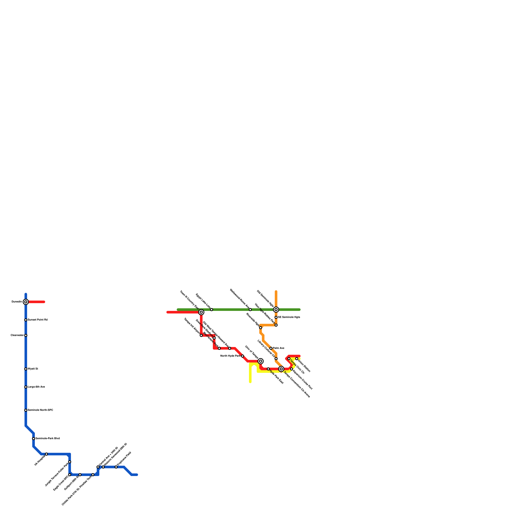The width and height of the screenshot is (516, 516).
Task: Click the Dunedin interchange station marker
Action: coord(26,302)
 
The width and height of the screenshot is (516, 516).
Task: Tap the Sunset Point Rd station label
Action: coord(38,320)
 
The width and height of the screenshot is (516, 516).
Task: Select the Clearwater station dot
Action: coord(26,335)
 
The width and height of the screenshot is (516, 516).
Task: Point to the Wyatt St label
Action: coord(33,369)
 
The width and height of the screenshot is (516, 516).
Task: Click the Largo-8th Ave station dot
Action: coord(26,387)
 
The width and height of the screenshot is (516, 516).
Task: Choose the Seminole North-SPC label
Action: coord(40,410)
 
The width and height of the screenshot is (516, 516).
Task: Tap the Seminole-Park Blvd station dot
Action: coord(34,439)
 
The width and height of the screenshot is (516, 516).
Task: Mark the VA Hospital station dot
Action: coord(46,454)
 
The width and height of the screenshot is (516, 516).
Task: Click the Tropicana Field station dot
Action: coord(116,467)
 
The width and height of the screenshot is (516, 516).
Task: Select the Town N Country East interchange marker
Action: coord(201,312)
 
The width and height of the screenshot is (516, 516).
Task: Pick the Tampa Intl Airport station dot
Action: coord(201,335)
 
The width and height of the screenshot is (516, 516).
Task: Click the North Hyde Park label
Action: coord(230,356)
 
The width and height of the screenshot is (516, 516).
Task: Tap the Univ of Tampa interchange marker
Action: coord(261,361)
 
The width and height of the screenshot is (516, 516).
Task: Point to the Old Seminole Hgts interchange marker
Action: coord(276,310)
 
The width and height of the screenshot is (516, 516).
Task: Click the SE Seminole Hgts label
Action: coord(289,317)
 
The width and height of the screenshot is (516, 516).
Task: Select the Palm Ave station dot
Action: coord(271,348)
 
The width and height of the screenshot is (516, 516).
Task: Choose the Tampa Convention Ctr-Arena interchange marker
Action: coord(281,369)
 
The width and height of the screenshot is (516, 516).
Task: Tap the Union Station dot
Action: coord(297,359)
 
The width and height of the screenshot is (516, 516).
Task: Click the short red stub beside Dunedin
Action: coord(37,302)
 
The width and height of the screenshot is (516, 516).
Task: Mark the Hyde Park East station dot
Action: coord(268,369)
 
